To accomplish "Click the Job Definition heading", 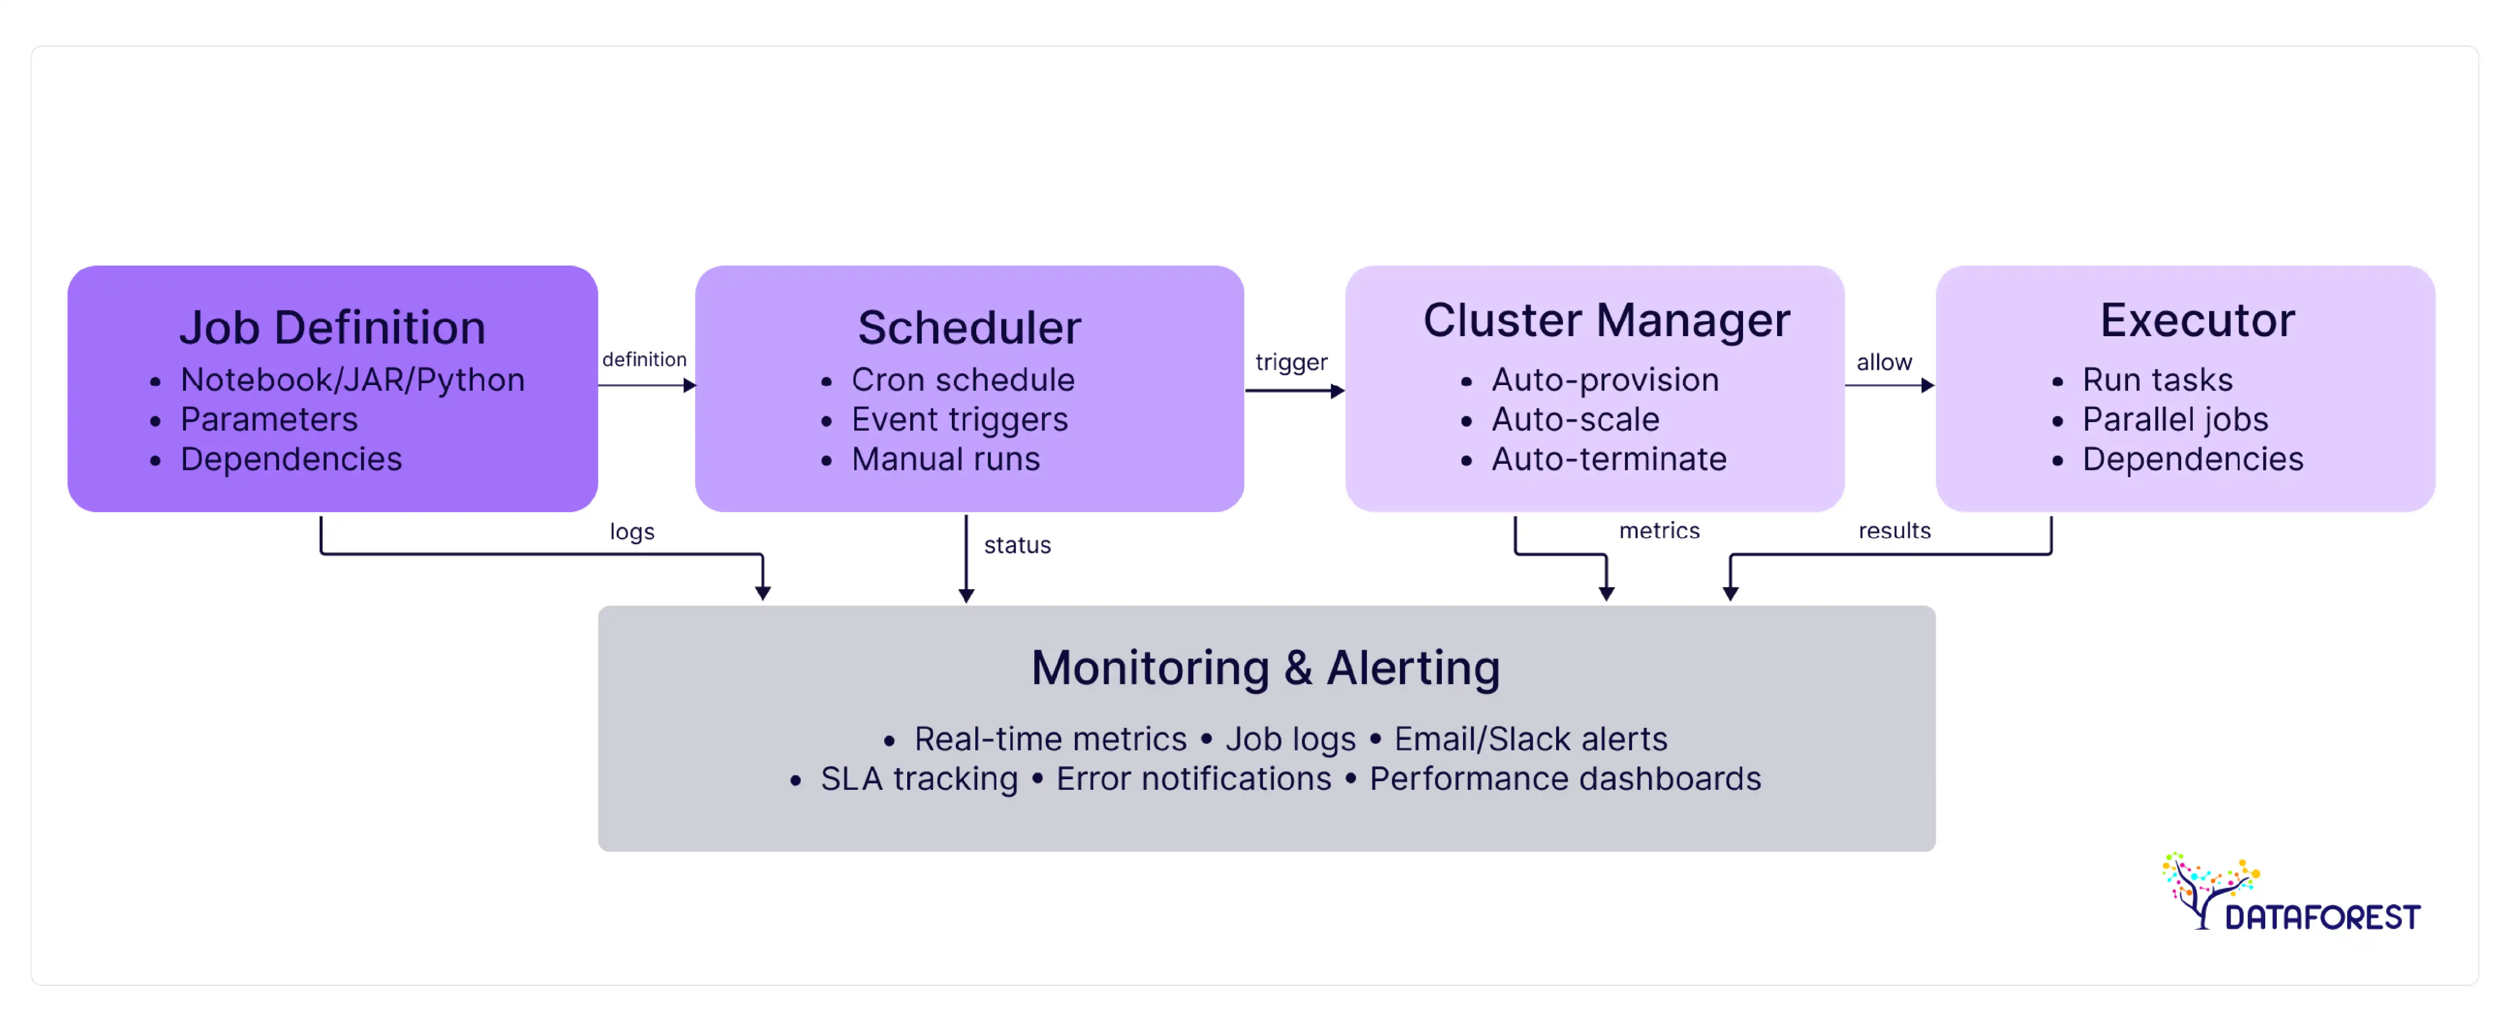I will [332, 328].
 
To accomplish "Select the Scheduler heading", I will [969, 328].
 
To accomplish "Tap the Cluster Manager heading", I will [1606, 320].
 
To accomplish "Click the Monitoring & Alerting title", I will [1265, 668].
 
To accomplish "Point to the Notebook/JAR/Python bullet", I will [352, 380].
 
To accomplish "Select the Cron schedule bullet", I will [962, 380].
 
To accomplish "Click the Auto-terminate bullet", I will [1608, 459].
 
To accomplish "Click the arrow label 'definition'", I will [644, 360].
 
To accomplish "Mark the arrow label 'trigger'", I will [1291, 363].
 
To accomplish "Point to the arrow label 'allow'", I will [1884, 363].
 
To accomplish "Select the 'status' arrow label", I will [1017, 545].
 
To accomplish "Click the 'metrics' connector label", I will [1659, 531].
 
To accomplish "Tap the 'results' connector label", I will [1894, 531].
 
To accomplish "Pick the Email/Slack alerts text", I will [1530, 740].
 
